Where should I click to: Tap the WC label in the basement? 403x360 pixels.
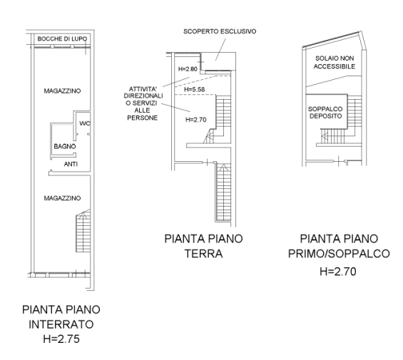click(x=85, y=123)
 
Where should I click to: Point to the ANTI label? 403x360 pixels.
click(x=71, y=164)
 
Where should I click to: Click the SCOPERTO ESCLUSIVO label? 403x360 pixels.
click(x=220, y=31)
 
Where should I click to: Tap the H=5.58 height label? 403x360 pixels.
click(x=196, y=89)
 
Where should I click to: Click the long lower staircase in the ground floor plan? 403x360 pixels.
click(x=222, y=192)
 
